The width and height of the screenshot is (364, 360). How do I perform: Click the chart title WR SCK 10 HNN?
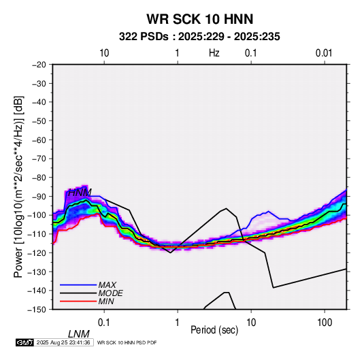pos(199,19)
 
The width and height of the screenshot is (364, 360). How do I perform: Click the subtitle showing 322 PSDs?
pos(199,37)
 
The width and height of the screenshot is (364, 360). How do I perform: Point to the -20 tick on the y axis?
pos(39,65)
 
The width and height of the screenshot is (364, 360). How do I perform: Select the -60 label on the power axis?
pos(39,140)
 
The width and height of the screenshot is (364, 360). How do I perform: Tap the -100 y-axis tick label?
pos(37,215)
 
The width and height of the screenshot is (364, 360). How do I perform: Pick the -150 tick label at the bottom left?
pos(37,310)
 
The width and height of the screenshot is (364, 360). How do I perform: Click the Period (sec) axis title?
pos(214,330)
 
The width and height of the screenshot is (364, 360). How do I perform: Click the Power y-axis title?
pos(18,186)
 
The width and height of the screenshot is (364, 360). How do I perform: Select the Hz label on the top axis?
pos(214,53)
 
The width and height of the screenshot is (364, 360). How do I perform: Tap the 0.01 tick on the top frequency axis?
pos(324,53)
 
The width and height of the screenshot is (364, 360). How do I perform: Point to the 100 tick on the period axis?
pos(325,323)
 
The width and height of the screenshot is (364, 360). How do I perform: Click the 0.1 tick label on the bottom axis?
pos(103,323)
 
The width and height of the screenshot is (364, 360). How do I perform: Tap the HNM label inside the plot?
pos(80,193)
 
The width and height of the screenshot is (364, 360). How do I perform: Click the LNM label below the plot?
pos(78,334)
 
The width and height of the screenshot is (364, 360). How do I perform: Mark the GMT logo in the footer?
pos(25,342)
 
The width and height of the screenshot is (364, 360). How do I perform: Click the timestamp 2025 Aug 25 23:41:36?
pos(63,342)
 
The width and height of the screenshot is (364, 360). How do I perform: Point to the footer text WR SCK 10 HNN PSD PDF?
pos(127,342)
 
